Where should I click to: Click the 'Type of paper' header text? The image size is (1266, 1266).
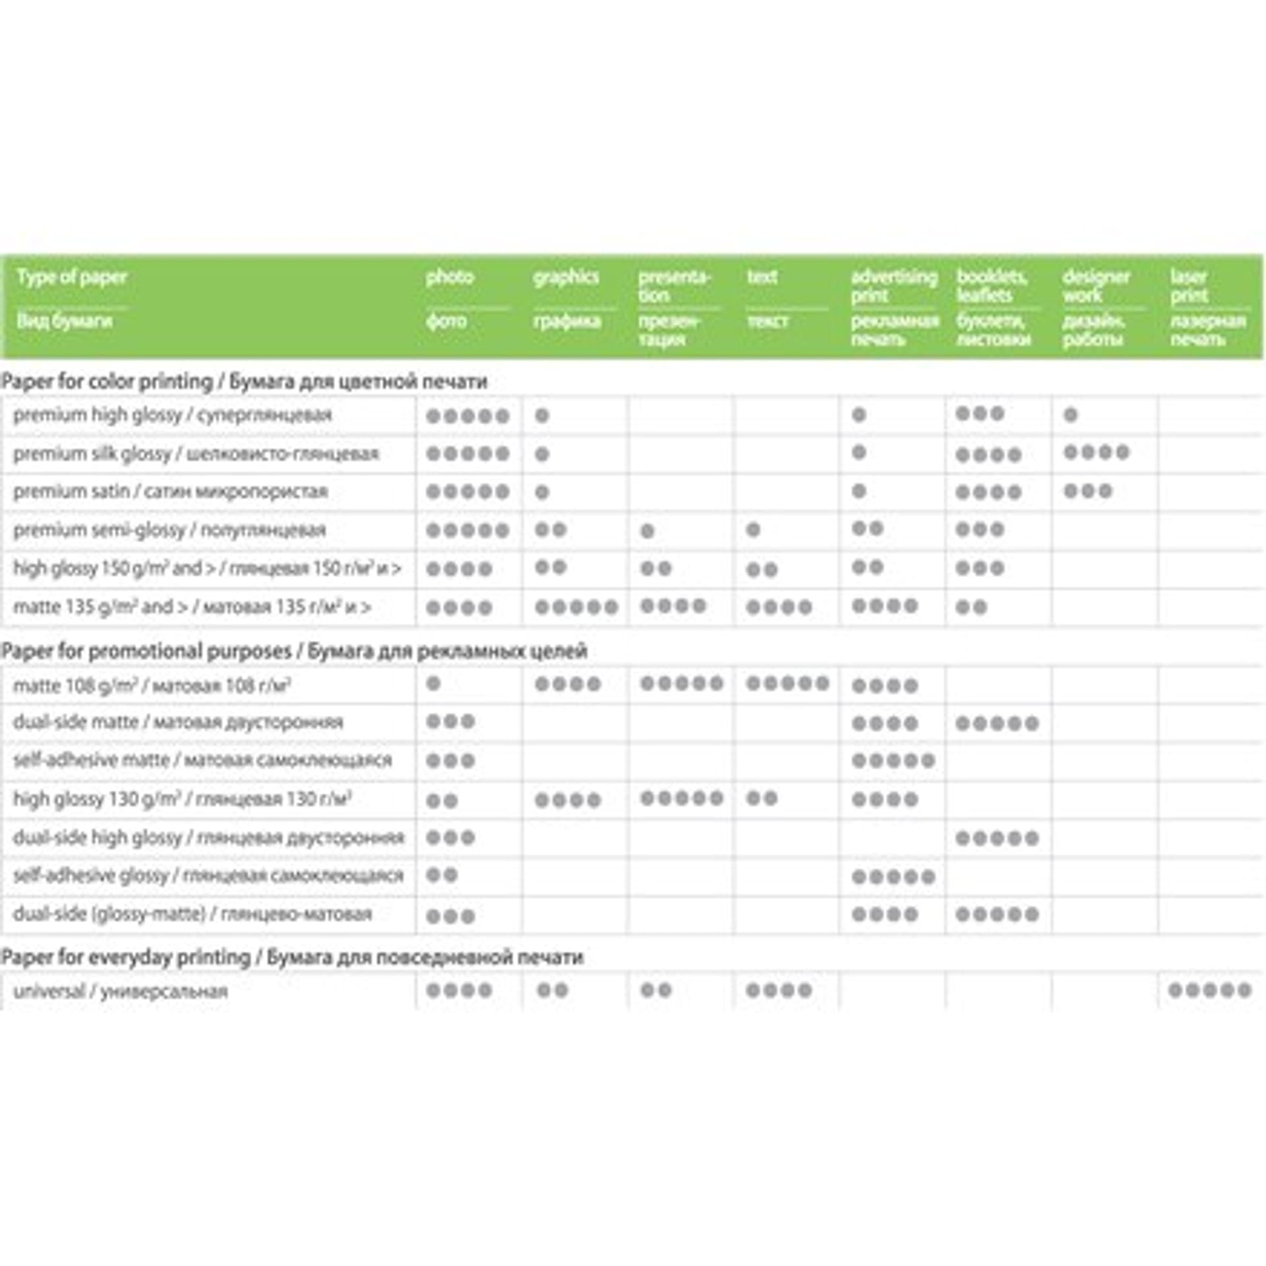point(72,277)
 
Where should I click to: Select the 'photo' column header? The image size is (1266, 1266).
point(450,277)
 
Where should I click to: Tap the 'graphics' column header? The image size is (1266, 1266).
point(566,277)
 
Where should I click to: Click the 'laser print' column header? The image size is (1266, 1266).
point(1189,286)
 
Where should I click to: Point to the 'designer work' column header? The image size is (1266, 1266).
point(1096,286)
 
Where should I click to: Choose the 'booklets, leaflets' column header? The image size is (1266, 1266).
point(992,286)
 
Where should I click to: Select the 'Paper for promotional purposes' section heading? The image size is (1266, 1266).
point(146,651)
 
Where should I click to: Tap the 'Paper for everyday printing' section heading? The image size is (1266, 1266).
point(125,957)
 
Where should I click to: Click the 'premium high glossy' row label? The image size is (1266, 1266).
point(97,415)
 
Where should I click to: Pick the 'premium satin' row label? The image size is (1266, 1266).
point(71,491)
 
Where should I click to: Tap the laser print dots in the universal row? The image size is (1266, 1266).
point(1209,990)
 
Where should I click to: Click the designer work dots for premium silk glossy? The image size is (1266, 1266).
point(1096,452)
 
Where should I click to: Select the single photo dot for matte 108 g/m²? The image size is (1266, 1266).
point(433,683)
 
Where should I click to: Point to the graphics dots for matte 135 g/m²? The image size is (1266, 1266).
point(576,607)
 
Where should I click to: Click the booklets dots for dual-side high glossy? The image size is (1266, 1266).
point(997,838)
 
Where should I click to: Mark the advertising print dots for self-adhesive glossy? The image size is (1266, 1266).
point(893,876)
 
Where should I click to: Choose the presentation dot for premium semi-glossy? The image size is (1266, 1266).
point(648,531)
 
